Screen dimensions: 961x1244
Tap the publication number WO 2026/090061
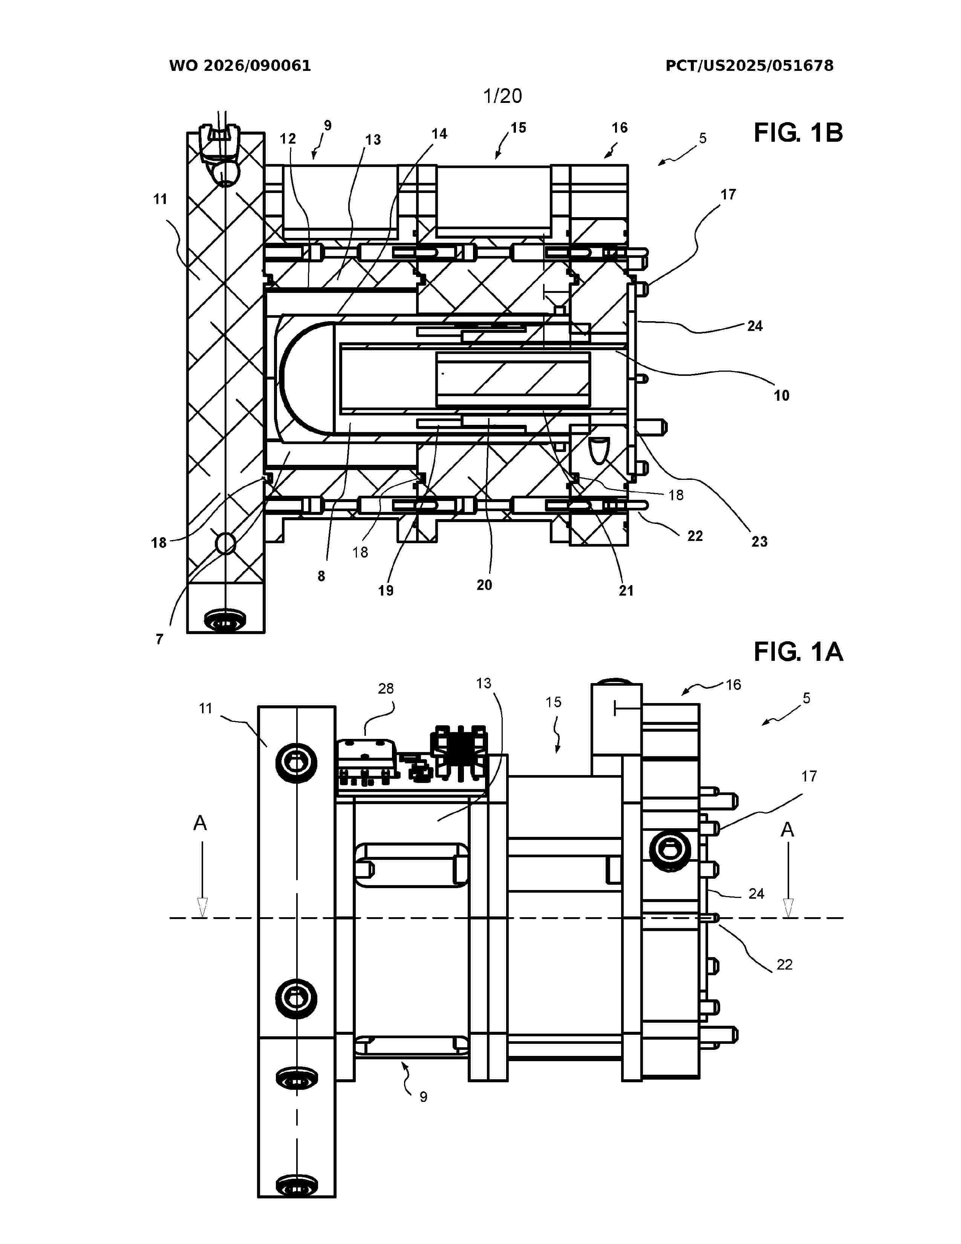pyautogui.click(x=240, y=66)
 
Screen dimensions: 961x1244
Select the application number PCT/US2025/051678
pyautogui.click(x=749, y=66)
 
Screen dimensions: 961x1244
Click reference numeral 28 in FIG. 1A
pyautogui.click(x=386, y=689)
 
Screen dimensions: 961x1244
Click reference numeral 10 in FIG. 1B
pyautogui.click(x=781, y=395)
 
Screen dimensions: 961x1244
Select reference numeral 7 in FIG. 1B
pyautogui.click(x=159, y=639)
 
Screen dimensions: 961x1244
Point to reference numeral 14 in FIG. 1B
pyautogui.click(x=439, y=134)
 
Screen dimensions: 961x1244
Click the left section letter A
pyautogui.click(x=200, y=823)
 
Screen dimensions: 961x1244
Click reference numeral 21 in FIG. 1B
pyautogui.click(x=626, y=591)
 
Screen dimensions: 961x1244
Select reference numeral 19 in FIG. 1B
pyautogui.click(x=386, y=591)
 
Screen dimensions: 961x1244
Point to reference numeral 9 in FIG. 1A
pyautogui.click(x=423, y=1097)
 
